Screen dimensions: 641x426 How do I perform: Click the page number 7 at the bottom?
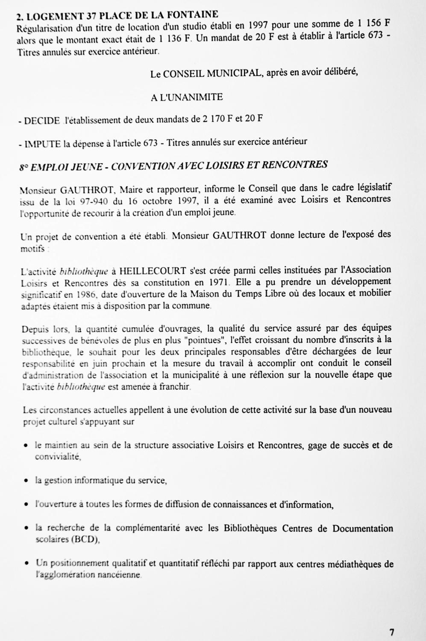(x=391, y=632)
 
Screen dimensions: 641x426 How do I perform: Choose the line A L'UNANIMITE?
(x=186, y=97)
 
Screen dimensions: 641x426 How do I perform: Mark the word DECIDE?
(x=42, y=121)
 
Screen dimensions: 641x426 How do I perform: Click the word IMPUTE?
(x=42, y=144)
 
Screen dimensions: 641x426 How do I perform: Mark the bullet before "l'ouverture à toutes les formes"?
(x=26, y=505)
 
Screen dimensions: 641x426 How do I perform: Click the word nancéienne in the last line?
(x=119, y=575)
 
